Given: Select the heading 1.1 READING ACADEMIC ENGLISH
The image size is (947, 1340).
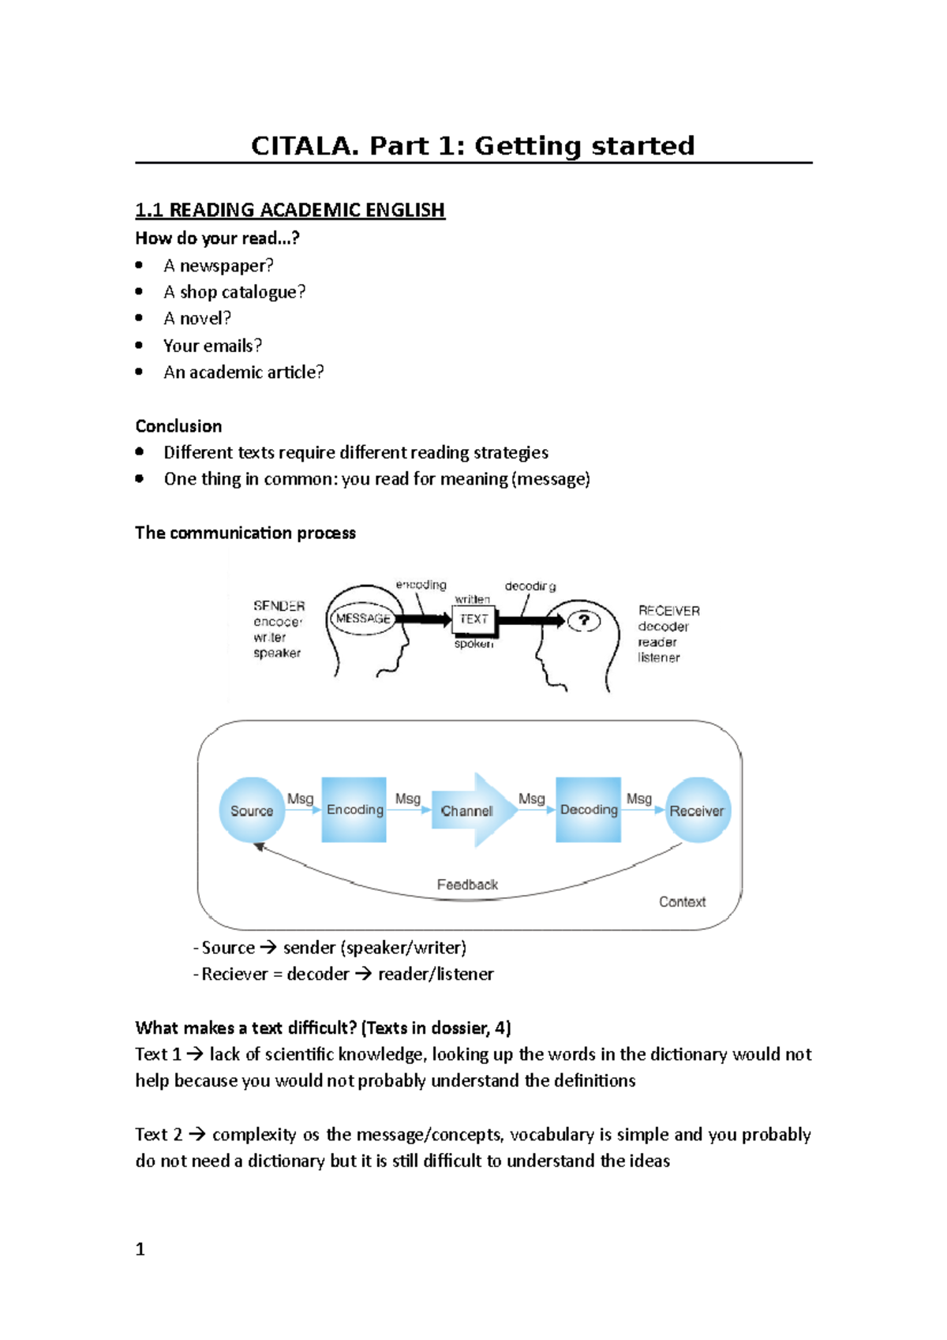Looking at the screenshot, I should click(x=290, y=210).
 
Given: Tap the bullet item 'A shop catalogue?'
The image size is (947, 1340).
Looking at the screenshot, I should click(x=234, y=292).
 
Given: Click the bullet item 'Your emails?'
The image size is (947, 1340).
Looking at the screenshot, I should click(x=211, y=346).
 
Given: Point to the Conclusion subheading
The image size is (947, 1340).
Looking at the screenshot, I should click(x=178, y=426).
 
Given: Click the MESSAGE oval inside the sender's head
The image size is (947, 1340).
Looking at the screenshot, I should click(x=363, y=619).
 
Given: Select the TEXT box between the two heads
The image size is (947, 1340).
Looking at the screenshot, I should click(x=473, y=619).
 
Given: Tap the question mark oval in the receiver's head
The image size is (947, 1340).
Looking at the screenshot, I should click(x=584, y=620).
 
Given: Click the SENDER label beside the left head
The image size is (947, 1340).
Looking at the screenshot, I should click(x=279, y=606).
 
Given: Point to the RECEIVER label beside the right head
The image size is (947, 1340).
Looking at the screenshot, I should click(x=668, y=611).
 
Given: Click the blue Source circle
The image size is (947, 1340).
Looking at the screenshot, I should click(x=251, y=810).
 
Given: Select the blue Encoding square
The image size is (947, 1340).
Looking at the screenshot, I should click(x=354, y=810).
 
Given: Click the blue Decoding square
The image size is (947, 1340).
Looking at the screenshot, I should click(x=588, y=810).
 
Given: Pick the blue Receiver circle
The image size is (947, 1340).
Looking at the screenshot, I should click(x=697, y=810).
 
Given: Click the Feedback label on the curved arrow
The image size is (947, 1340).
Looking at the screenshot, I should click(x=467, y=885).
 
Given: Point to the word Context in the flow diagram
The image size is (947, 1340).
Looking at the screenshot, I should click(x=682, y=902).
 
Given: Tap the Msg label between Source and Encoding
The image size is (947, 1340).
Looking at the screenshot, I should click(x=300, y=799).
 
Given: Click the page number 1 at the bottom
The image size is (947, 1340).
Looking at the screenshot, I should click(x=140, y=1249).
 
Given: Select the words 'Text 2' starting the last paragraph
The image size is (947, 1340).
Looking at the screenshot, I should click(x=158, y=1135).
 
